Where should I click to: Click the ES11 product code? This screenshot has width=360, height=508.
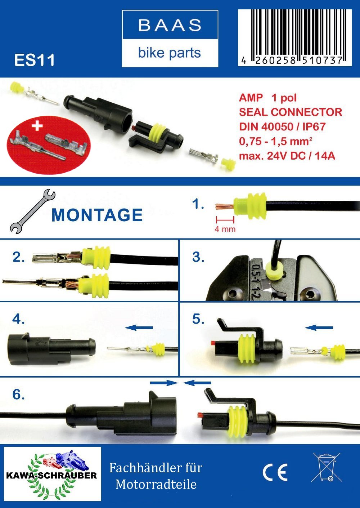click(35, 60)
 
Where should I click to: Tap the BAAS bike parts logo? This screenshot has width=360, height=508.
click(170, 39)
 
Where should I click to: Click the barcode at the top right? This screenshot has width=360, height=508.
click(294, 37)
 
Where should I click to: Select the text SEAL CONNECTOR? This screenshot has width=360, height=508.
click(291, 112)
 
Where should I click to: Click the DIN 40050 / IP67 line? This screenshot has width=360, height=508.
click(282, 126)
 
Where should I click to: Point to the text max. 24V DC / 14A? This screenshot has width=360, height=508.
click(287, 156)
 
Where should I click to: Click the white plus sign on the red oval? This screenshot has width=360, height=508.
click(37, 126)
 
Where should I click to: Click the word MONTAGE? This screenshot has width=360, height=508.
click(97, 215)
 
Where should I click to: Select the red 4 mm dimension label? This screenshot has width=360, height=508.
click(225, 229)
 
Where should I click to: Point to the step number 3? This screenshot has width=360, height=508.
click(198, 257)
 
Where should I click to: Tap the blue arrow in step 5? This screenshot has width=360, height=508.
click(319, 327)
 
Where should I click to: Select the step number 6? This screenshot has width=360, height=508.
click(18, 395)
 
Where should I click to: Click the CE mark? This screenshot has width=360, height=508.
click(275, 473)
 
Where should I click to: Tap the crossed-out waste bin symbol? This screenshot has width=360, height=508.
click(327, 467)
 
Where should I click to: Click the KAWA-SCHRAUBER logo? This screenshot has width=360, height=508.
click(52, 474)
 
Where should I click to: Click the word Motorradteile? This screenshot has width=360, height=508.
click(156, 484)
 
